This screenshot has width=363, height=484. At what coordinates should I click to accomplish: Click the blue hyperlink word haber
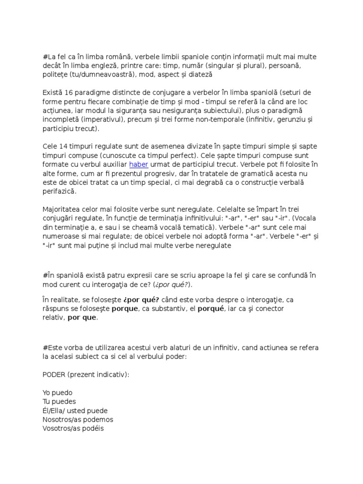[x=139, y=165]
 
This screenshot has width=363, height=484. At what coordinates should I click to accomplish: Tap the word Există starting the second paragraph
[x=52, y=92]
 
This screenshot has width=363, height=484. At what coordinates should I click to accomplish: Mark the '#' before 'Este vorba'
[x=44, y=348]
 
